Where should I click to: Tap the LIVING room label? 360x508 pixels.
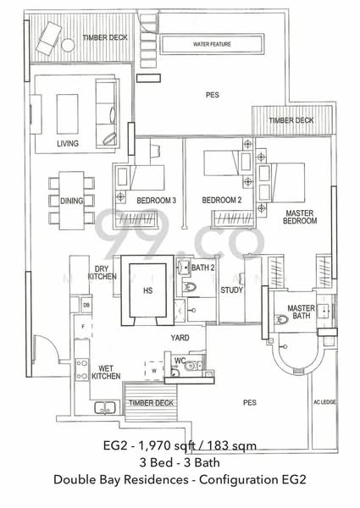click(68, 144)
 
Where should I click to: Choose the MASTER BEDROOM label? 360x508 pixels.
click(301, 216)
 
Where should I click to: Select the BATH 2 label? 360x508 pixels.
click(202, 268)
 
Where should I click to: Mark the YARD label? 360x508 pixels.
click(180, 338)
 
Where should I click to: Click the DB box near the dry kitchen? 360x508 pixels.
click(86, 304)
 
